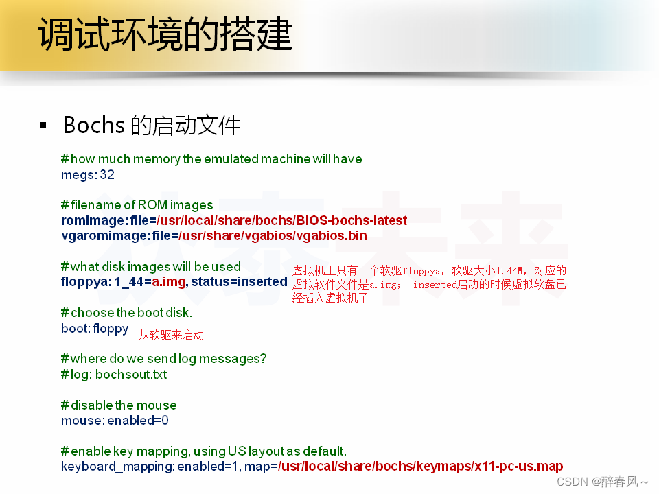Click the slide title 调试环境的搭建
(x=165, y=34)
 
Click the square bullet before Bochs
(x=43, y=126)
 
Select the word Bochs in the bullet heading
(x=93, y=126)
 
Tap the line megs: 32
(x=88, y=174)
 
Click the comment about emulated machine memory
(x=211, y=158)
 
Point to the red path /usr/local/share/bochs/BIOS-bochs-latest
(x=282, y=220)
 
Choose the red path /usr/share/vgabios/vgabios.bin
(x=273, y=235)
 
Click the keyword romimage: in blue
(x=95, y=220)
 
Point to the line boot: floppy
(x=95, y=328)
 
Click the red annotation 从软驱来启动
(x=171, y=336)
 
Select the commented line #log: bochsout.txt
(x=114, y=374)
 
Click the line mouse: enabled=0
(x=115, y=420)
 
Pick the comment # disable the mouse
(x=119, y=405)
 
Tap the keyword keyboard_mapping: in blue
(x=117, y=467)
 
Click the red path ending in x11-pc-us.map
(x=421, y=467)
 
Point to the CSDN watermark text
(x=602, y=482)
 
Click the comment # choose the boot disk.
(x=126, y=312)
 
